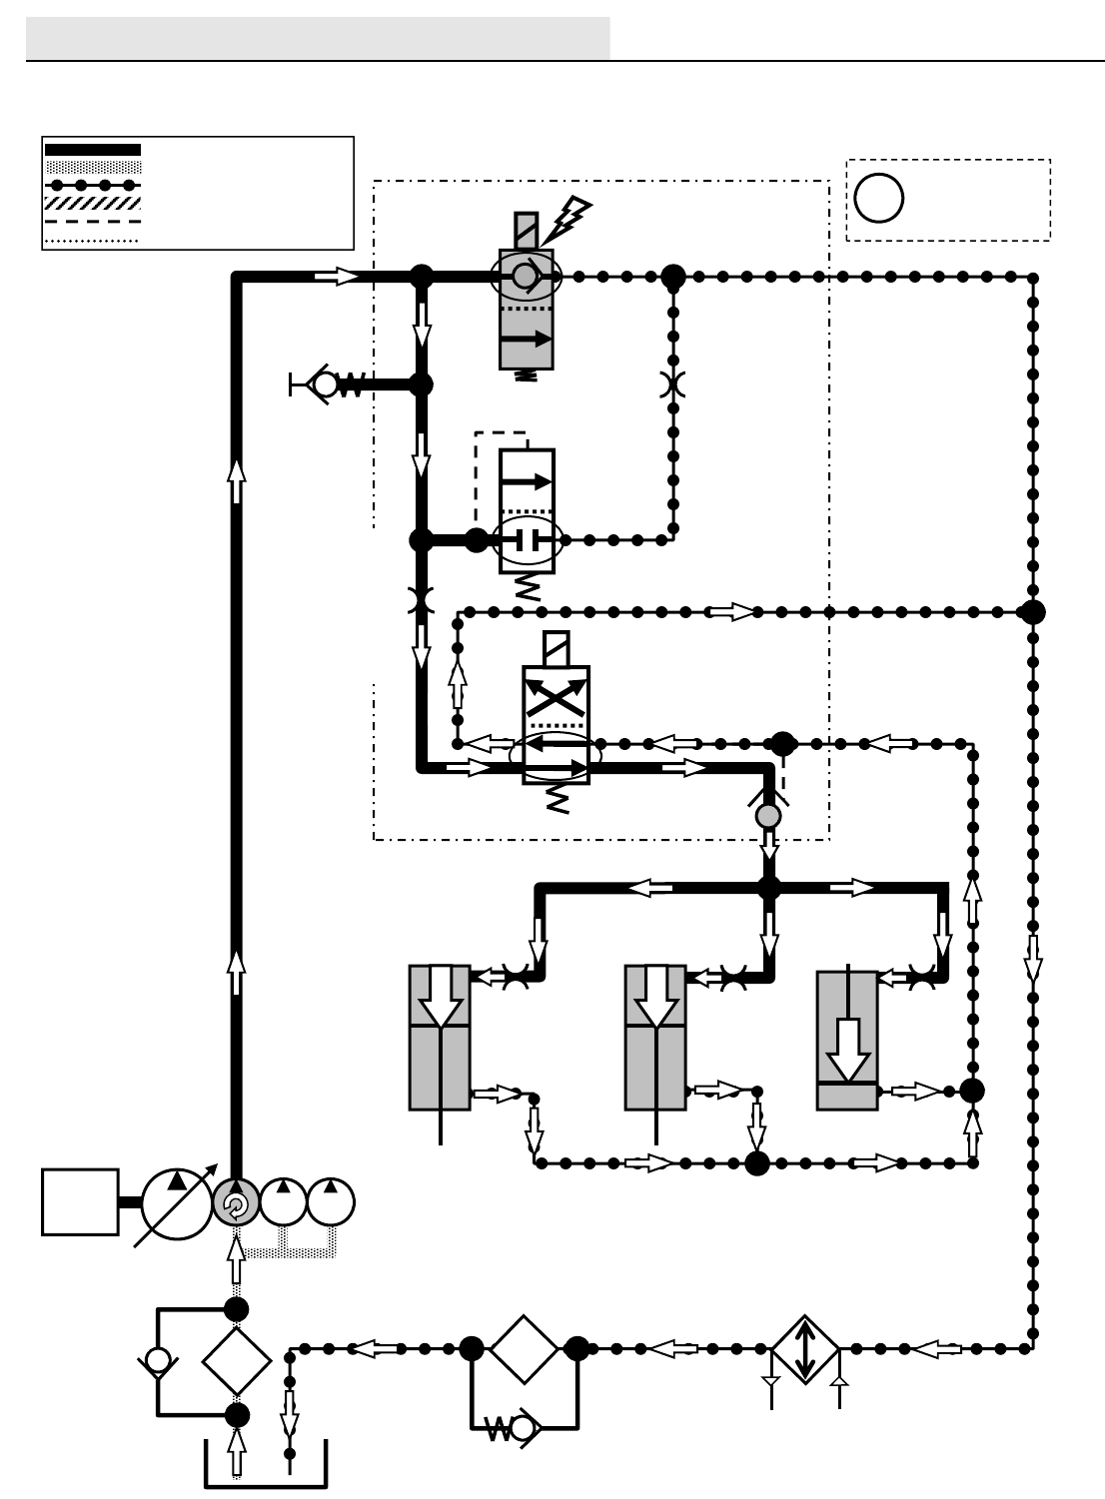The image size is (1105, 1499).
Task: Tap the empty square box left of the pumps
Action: (80, 1202)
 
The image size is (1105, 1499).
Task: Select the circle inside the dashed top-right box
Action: (879, 198)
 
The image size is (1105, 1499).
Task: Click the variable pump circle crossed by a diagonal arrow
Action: (177, 1203)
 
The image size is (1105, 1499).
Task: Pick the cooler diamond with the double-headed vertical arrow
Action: (805, 1349)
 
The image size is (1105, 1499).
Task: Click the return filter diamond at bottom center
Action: (524, 1349)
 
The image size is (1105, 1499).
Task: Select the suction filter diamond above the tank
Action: (237, 1360)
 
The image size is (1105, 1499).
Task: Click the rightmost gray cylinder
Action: (847, 1041)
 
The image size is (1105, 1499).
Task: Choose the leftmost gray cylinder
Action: (440, 1038)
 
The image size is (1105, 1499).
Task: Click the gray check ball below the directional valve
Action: (768, 816)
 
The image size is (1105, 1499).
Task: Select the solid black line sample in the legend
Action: (93, 150)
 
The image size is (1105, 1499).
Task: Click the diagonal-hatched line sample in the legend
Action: (93, 203)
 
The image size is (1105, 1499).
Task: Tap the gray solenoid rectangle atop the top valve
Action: (527, 230)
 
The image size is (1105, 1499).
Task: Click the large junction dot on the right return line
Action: (1033, 612)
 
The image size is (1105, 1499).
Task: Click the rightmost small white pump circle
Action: (331, 1202)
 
